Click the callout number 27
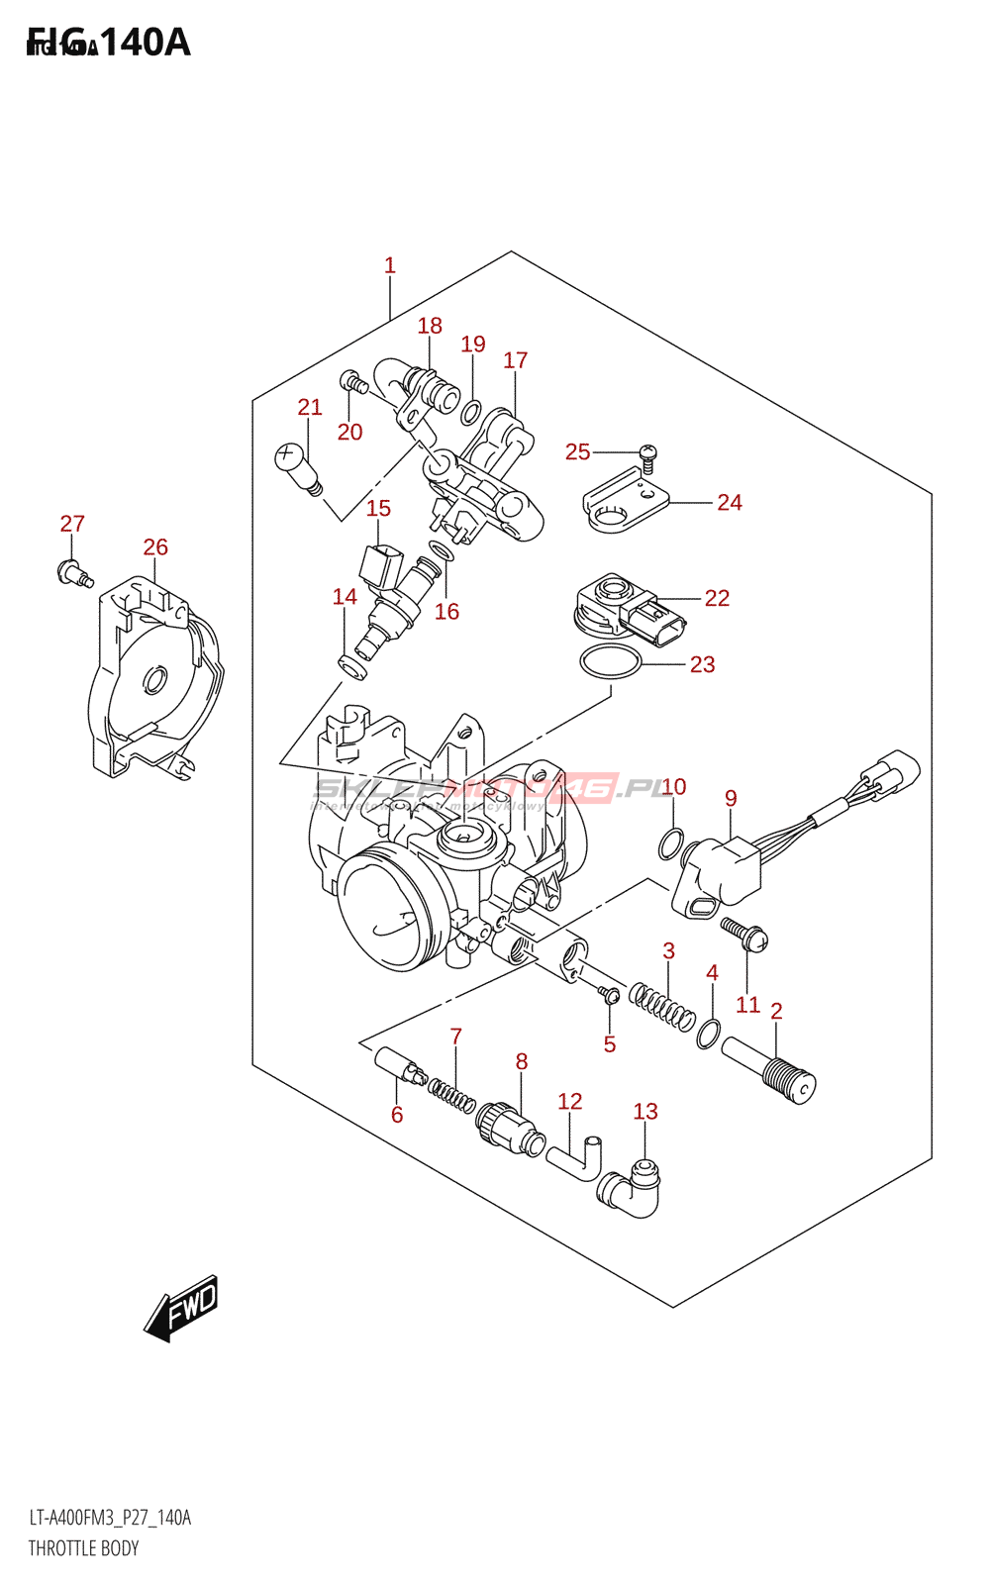pos(72,524)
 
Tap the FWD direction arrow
pos(182,1307)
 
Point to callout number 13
pos(645,1112)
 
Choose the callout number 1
pos(390,265)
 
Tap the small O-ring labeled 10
pos(670,845)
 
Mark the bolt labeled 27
pos(73,571)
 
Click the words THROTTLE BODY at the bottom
pos(83,1548)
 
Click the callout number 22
pos(717,598)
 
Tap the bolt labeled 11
pos(743,934)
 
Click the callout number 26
pos(155,547)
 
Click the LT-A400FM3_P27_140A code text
pos(110,1518)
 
